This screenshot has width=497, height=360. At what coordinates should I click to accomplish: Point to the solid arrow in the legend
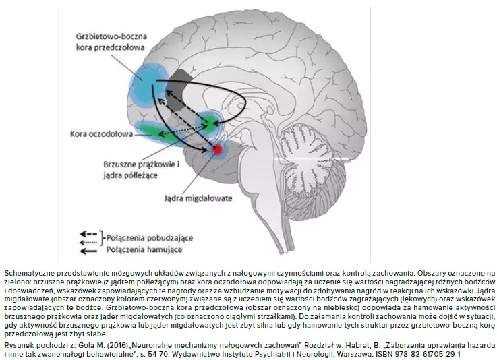click(88, 250)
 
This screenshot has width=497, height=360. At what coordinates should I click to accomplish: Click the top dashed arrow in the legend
click(88, 234)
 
